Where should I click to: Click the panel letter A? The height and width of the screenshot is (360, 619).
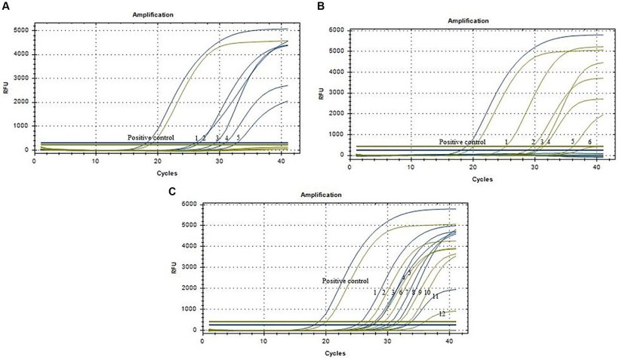pos(5,6)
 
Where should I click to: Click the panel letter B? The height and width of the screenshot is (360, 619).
pos(320,6)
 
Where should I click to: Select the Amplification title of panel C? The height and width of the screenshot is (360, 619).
pos(322,195)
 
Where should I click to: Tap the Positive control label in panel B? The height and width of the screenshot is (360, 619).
pos(463,142)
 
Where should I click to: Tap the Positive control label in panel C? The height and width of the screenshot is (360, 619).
pos(345,281)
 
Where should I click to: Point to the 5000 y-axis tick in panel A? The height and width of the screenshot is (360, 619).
pos(23,30)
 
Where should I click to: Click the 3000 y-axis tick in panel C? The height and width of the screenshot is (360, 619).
pos(189,268)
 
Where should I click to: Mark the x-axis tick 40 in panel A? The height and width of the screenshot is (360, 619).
pos(281,161)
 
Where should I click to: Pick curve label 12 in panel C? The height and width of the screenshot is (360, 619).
pos(442,312)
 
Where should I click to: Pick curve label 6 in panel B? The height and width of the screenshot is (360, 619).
pos(590,142)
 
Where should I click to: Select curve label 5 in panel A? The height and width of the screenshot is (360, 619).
pos(238,137)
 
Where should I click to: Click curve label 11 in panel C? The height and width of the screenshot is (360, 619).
pos(435,297)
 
